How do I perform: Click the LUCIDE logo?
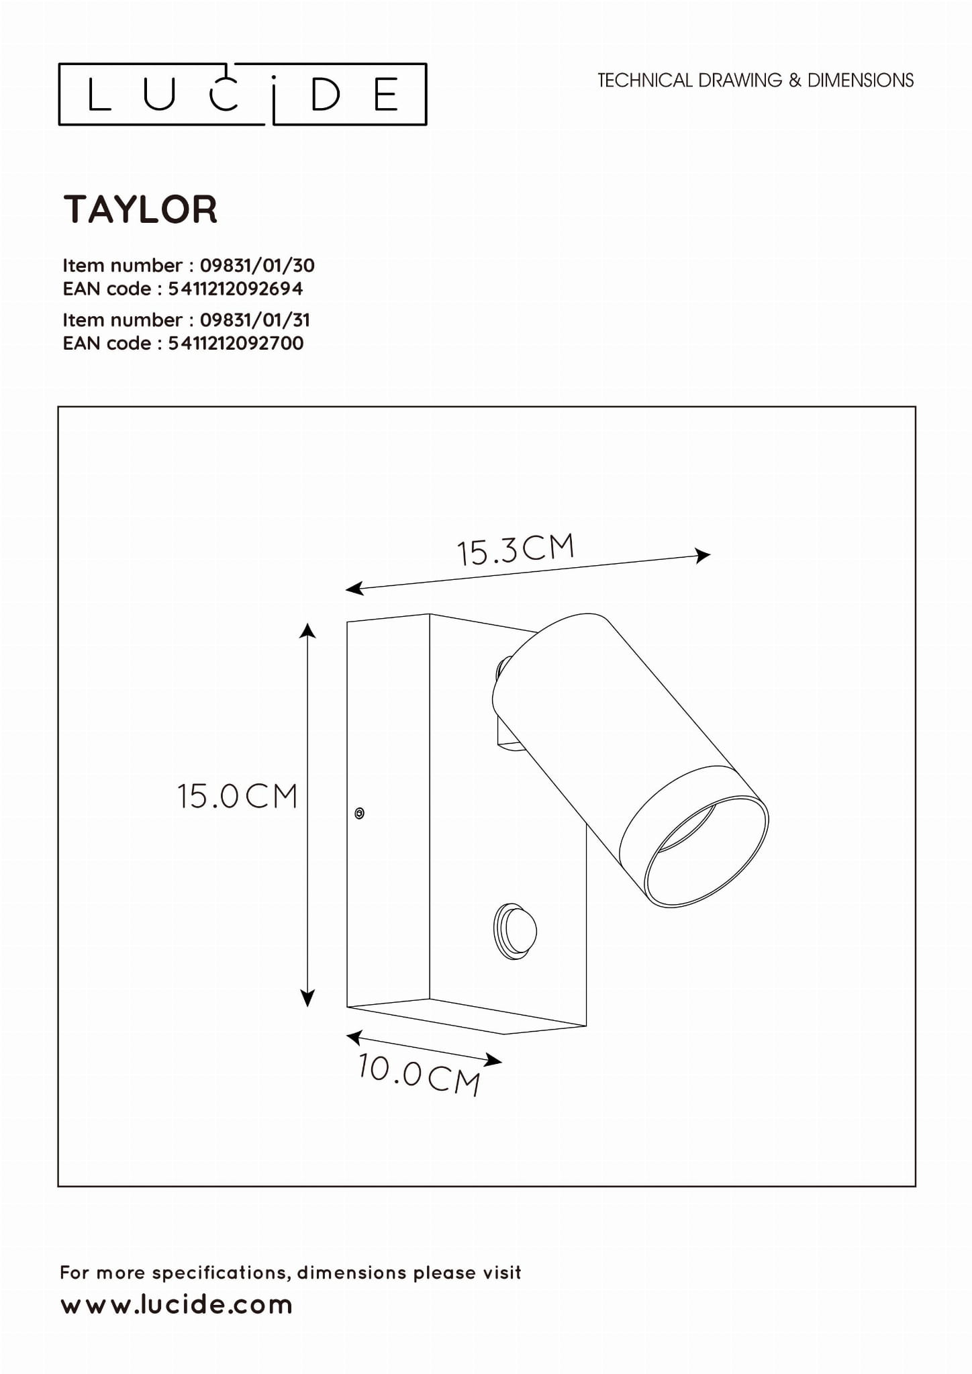pyautogui.click(x=242, y=95)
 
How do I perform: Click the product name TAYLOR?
pyautogui.click(x=140, y=209)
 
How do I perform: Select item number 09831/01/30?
pyautogui.click(x=257, y=265)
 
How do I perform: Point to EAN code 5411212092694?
pyautogui.click(x=236, y=289)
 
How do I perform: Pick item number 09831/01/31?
pyautogui.click(x=255, y=320)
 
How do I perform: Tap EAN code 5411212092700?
pyautogui.click(x=236, y=343)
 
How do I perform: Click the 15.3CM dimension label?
pyautogui.click(x=516, y=550)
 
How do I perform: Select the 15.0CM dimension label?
pyautogui.click(x=237, y=797)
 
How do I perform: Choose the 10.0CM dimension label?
pyautogui.click(x=420, y=1075)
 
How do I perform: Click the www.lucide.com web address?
pyautogui.click(x=177, y=1305)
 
